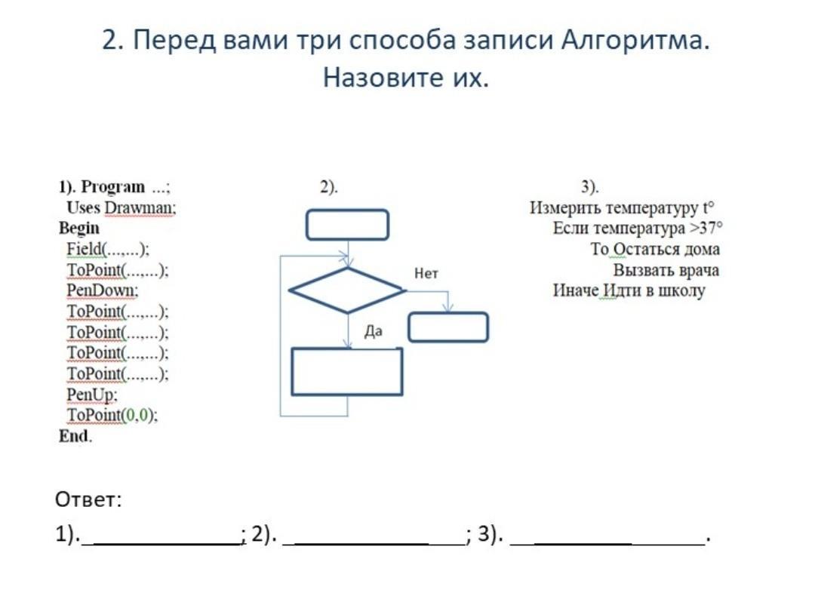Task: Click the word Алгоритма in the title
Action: [635, 40]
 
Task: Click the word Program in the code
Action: [112, 186]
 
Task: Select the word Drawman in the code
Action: [140, 208]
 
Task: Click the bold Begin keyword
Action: [79, 229]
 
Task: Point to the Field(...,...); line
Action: [108, 250]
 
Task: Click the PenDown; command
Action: [103, 290]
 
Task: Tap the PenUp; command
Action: [92, 395]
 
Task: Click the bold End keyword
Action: [74, 436]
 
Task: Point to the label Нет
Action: [426, 273]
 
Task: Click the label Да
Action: [374, 331]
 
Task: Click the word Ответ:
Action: [88, 499]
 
